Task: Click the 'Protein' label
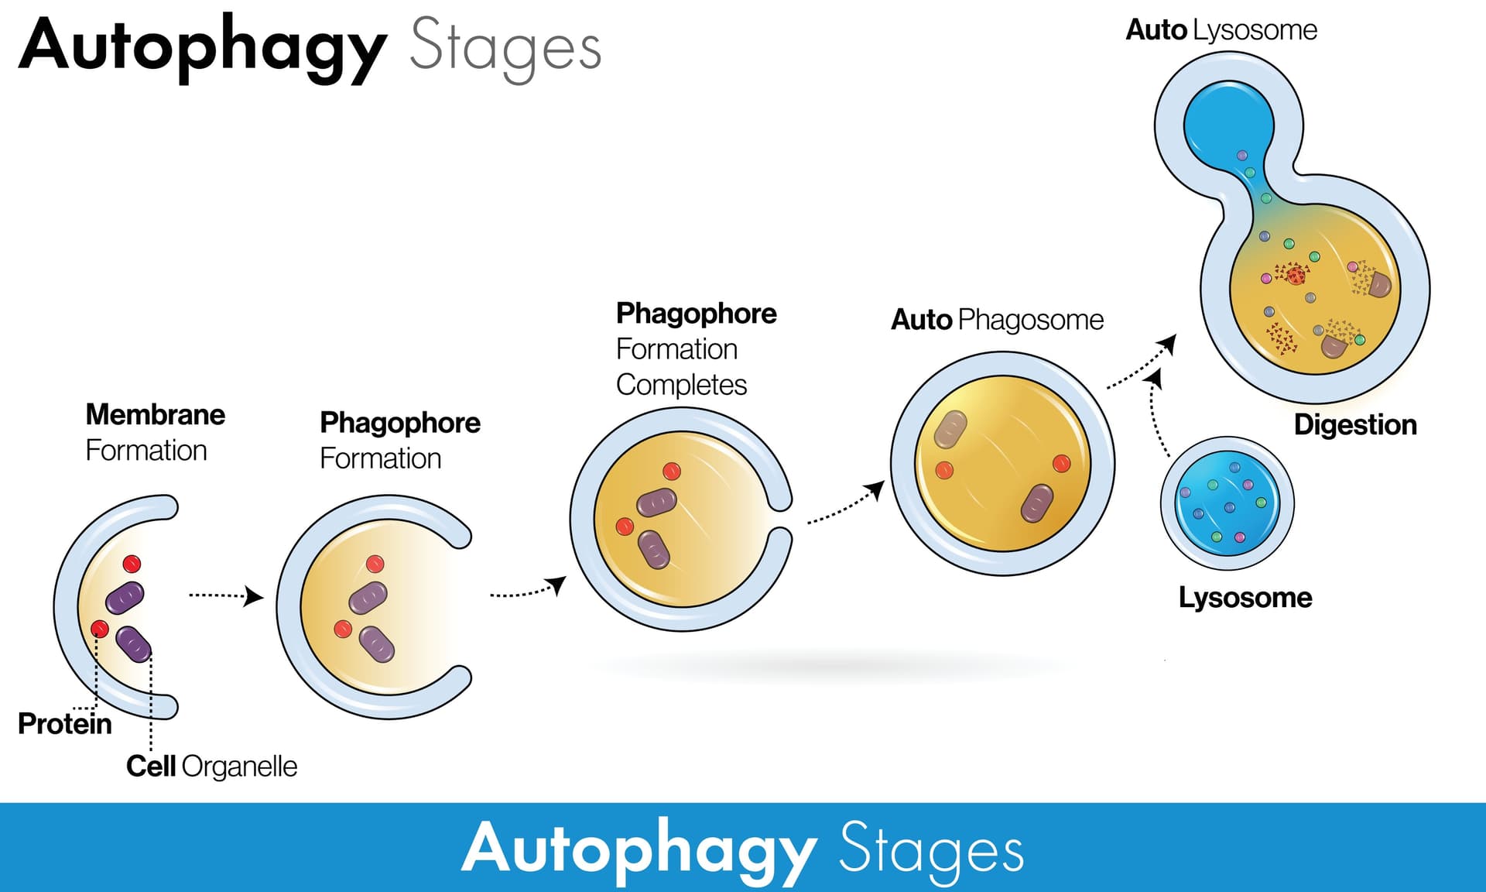point(65,724)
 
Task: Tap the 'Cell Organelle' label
point(211,766)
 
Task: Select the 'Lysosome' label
point(1245,598)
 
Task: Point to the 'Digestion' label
point(1355,425)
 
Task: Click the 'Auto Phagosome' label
point(997,320)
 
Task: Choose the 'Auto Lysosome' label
point(1221,30)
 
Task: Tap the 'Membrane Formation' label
point(155,432)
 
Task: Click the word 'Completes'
point(681,385)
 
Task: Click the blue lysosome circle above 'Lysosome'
point(1227,503)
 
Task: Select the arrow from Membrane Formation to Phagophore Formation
point(225,596)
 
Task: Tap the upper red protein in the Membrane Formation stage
point(132,563)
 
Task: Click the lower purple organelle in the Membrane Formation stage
point(133,644)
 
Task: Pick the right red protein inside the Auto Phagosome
point(1061,463)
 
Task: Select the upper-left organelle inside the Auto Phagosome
point(950,430)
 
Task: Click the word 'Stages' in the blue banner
point(931,850)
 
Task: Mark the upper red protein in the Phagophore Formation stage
point(375,564)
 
